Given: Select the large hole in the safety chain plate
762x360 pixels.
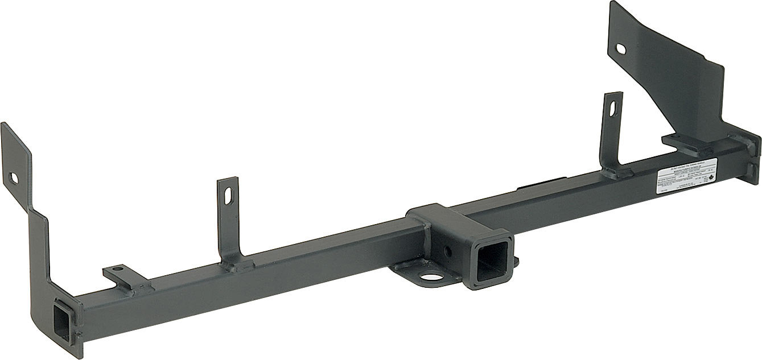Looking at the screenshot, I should pyautogui.click(x=430, y=278).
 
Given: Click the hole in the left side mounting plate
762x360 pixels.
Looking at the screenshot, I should pyautogui.click(x=14, y=179).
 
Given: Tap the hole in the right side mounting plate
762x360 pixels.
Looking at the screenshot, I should pyautogui.click(x=621, y=50).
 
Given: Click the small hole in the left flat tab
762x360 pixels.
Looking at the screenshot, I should pyautogui.click(x=117, y=269).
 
